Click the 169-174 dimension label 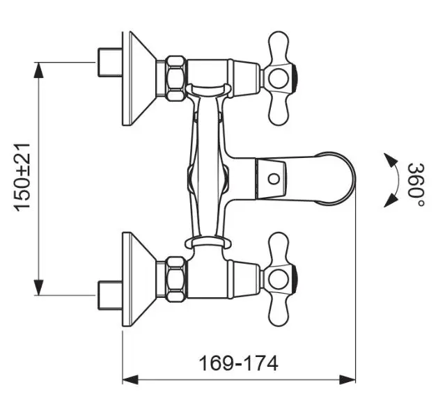[x=239, y=363]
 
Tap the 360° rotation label [x=416, y=185]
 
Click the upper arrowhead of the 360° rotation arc [x=390, y=160]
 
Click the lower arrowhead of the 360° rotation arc [x=390, y=200]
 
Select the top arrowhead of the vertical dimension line [x=38, y=70]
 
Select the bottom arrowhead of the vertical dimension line [x=38, y=287]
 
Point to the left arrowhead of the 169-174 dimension [x=131, y=379]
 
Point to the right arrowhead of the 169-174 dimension [x=347, y=379]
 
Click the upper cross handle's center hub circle [x=279, y=77]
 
